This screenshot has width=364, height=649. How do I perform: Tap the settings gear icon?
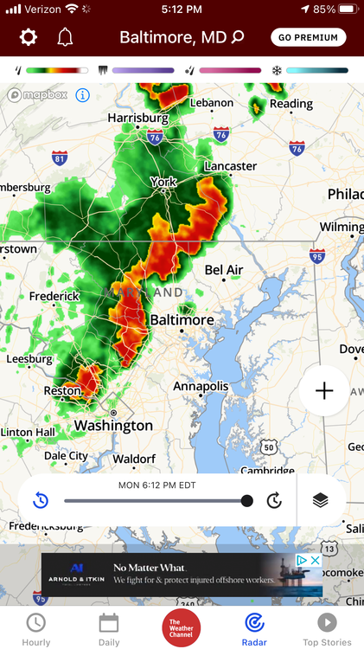pos(29,37)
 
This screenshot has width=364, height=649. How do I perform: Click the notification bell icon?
pos(65,37)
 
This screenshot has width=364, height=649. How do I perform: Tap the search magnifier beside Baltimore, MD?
pos(239,37)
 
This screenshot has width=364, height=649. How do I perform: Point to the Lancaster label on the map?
pos(231,165)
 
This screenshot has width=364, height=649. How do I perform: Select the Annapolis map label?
pos(201,386)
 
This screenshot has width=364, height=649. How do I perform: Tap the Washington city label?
pos(113,425)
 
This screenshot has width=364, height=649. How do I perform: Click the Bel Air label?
pos(224,270)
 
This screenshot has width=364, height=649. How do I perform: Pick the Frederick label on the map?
pos(54,296)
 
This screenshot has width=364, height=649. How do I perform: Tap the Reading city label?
pos(290,104)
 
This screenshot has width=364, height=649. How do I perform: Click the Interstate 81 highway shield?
pos(60,157)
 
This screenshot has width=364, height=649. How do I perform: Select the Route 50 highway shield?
pos(269,447)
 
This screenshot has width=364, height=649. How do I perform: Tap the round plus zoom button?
pos(324,391)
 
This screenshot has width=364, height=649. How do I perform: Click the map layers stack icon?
pos(321,500)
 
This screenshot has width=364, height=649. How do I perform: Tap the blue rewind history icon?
pos(41,500)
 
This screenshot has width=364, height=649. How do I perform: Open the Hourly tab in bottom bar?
pos(35,628)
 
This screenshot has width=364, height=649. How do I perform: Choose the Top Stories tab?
pos(328,628)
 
